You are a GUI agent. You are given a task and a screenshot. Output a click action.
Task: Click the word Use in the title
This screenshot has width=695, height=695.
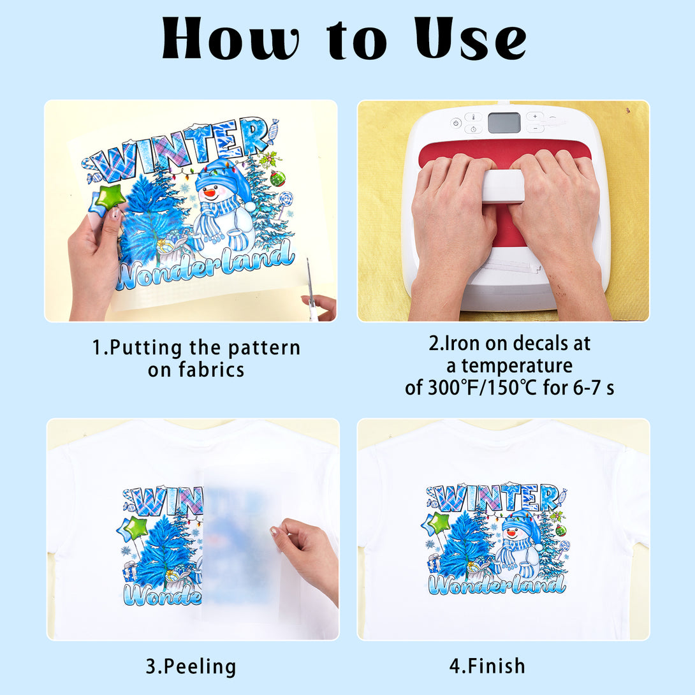coord(471,38)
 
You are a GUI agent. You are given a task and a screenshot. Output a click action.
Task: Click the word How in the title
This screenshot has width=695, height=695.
coord(230,38)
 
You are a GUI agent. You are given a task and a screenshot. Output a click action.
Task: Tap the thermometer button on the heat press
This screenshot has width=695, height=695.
coord(473,117)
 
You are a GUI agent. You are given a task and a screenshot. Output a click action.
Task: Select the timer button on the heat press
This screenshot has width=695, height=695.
coord(473,129)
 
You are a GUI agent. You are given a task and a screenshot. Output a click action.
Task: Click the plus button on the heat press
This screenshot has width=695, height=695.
coord(535,117)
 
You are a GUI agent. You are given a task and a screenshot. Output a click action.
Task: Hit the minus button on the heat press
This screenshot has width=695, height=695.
coord(535,128)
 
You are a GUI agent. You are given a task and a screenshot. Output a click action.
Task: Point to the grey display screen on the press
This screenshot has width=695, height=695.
coord(504,123)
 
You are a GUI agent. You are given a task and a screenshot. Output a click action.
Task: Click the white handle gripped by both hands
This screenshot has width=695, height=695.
coord(503,186)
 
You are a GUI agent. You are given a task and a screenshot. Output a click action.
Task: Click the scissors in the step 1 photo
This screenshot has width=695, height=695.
coord(311,288)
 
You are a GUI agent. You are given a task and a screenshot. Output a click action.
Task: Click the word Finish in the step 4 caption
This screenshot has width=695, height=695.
coord(497,666)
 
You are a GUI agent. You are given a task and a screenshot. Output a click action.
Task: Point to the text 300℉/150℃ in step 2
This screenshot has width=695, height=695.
coord(482,388)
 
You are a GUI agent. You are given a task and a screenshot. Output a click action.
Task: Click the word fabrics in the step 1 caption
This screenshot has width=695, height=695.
coord(211,370)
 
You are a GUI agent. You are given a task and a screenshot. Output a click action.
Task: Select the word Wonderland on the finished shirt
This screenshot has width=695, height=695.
coord(497,584)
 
